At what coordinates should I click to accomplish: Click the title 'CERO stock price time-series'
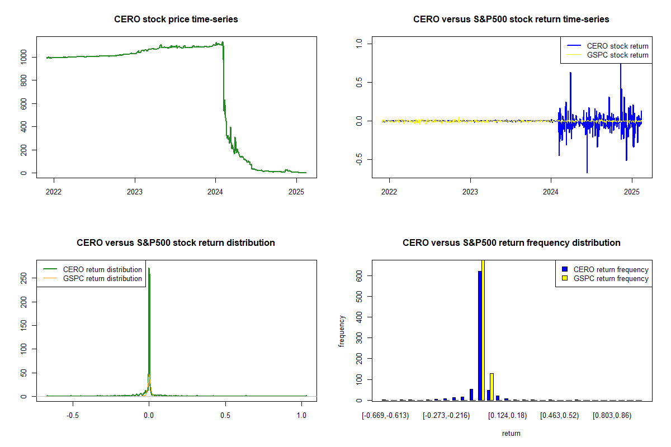176,20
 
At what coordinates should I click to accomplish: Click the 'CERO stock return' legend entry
617,46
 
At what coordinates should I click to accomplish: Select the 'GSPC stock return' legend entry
617,55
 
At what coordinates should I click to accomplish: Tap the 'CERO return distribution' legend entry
102,269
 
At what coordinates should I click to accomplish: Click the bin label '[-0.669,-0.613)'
386,416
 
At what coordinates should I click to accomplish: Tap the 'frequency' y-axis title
342,331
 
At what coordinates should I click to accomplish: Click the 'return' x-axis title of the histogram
511,434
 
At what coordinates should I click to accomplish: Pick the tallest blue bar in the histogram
480,335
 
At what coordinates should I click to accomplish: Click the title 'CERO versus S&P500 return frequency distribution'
511,243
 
